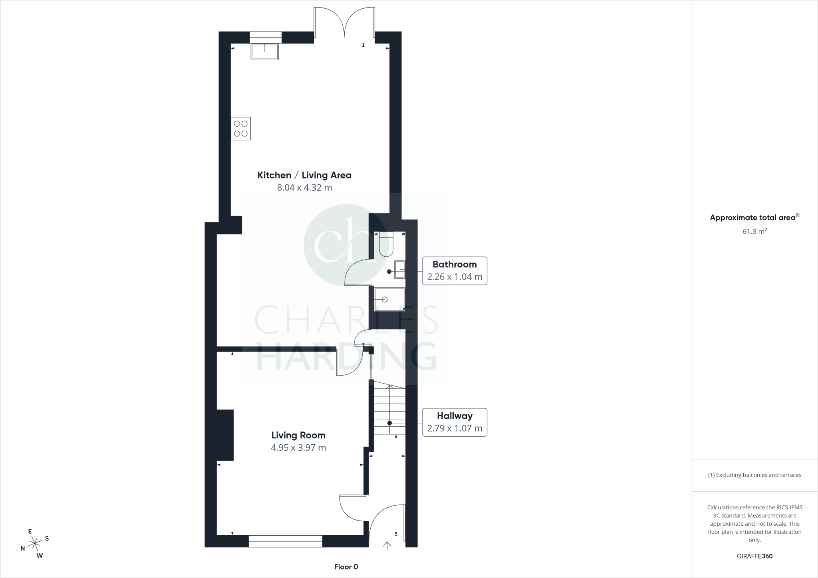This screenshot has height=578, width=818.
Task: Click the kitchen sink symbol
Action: tap(264, 52)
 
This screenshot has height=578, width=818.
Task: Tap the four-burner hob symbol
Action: tap(241, 129)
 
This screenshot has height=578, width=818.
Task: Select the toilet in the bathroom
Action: tap(386, 245)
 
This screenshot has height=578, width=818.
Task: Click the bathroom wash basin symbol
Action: tap(399, 269)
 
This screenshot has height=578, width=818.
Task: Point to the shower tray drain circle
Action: tap(385, 299)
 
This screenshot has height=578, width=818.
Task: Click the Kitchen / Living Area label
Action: tap(304, 175)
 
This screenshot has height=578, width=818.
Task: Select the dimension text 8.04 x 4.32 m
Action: tap(304, 188)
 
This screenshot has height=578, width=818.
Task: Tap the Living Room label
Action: tap(298, 435)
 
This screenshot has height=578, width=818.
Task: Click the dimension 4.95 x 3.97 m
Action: tap(298, 448)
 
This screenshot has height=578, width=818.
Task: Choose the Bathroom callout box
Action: tap(455, 271)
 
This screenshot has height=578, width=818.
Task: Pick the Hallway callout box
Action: tap(455, 422)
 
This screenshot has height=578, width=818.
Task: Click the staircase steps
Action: tap(389, 411)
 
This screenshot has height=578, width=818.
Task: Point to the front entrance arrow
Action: tap(387, 546)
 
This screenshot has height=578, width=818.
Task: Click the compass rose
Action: tap(35, 543)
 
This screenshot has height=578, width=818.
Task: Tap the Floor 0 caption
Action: tap(346, 567)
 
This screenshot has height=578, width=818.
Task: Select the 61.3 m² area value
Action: tap(754, 232)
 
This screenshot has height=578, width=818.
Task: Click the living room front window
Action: tap(285, 541)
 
